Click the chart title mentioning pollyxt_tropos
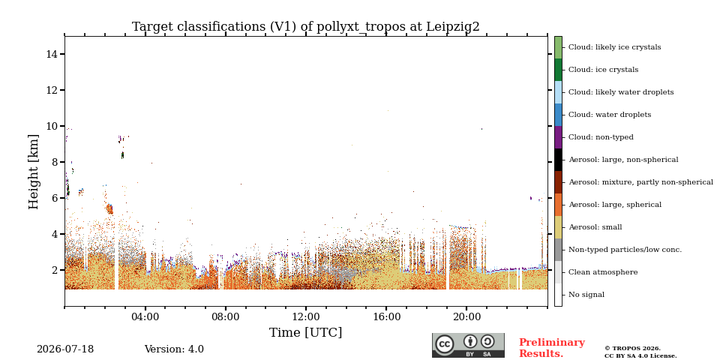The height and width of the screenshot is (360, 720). (306, 27)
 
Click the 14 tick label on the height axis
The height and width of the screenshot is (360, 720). (52, 54)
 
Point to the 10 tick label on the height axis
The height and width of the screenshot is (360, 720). (52, 126)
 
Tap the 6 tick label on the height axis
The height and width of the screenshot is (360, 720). (55, 198)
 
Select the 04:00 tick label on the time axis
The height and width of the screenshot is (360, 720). (145, 316)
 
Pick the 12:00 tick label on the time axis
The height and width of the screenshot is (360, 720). (306, 316)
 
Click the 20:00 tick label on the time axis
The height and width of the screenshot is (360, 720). (466, 316)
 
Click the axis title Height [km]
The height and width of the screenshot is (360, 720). (34, 172)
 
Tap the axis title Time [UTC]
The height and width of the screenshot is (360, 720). (306, 332)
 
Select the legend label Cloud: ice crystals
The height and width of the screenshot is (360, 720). (603, 70)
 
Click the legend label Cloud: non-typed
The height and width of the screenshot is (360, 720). (601, 137)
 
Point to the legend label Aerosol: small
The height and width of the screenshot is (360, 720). (595, 227)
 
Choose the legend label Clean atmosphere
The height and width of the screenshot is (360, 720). (603, 272)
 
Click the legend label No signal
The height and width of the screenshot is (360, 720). (586, 295)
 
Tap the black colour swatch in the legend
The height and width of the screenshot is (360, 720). (558, 160)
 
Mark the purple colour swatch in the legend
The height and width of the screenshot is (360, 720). (558, 137)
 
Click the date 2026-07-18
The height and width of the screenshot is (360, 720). (65, 349)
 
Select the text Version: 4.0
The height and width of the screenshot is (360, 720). (174, 349)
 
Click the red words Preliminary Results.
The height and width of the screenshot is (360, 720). (552, 348)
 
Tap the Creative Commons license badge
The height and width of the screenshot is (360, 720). (468, 345)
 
